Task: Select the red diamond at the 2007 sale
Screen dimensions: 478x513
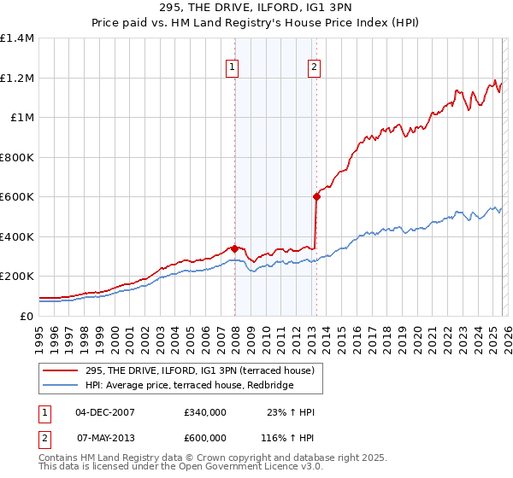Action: pos(234,249)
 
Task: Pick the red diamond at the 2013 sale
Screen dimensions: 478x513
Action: pos(316,197)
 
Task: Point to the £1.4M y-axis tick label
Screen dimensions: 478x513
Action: pos(17,38)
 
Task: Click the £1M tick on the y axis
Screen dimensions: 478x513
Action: pos(22,118)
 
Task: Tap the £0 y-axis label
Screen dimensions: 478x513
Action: pos(27,316)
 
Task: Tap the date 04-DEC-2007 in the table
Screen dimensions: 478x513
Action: pos(105,412)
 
